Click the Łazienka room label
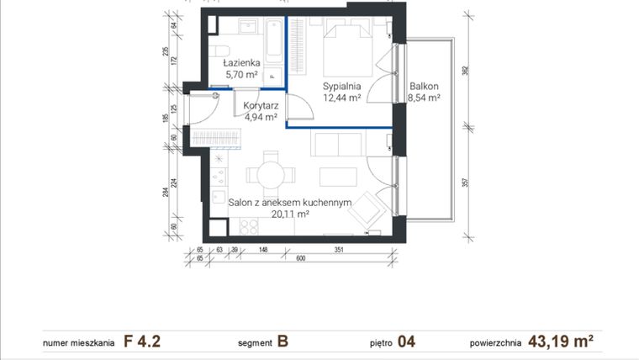241,63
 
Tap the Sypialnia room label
342,86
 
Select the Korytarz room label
261,106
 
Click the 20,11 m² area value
289,214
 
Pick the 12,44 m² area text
342,98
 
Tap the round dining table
272,175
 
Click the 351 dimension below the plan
341,249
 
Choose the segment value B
283,341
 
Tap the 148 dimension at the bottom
263,249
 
